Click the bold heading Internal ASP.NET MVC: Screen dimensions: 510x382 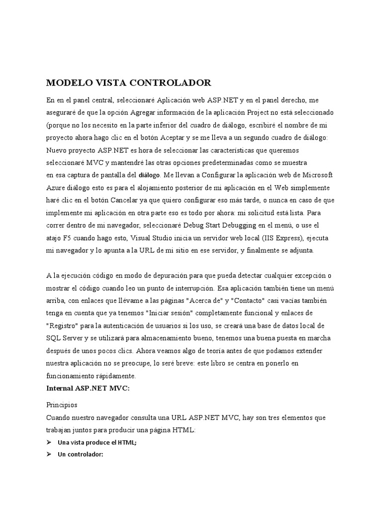pyautogui.click(x=88, y=388)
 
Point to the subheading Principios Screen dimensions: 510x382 pyautogui.click(x=62, y=405)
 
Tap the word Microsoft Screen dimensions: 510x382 pyautogui.click(x=316, y=175)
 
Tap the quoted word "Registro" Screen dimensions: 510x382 pyautogui.click(x=63, y=326)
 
